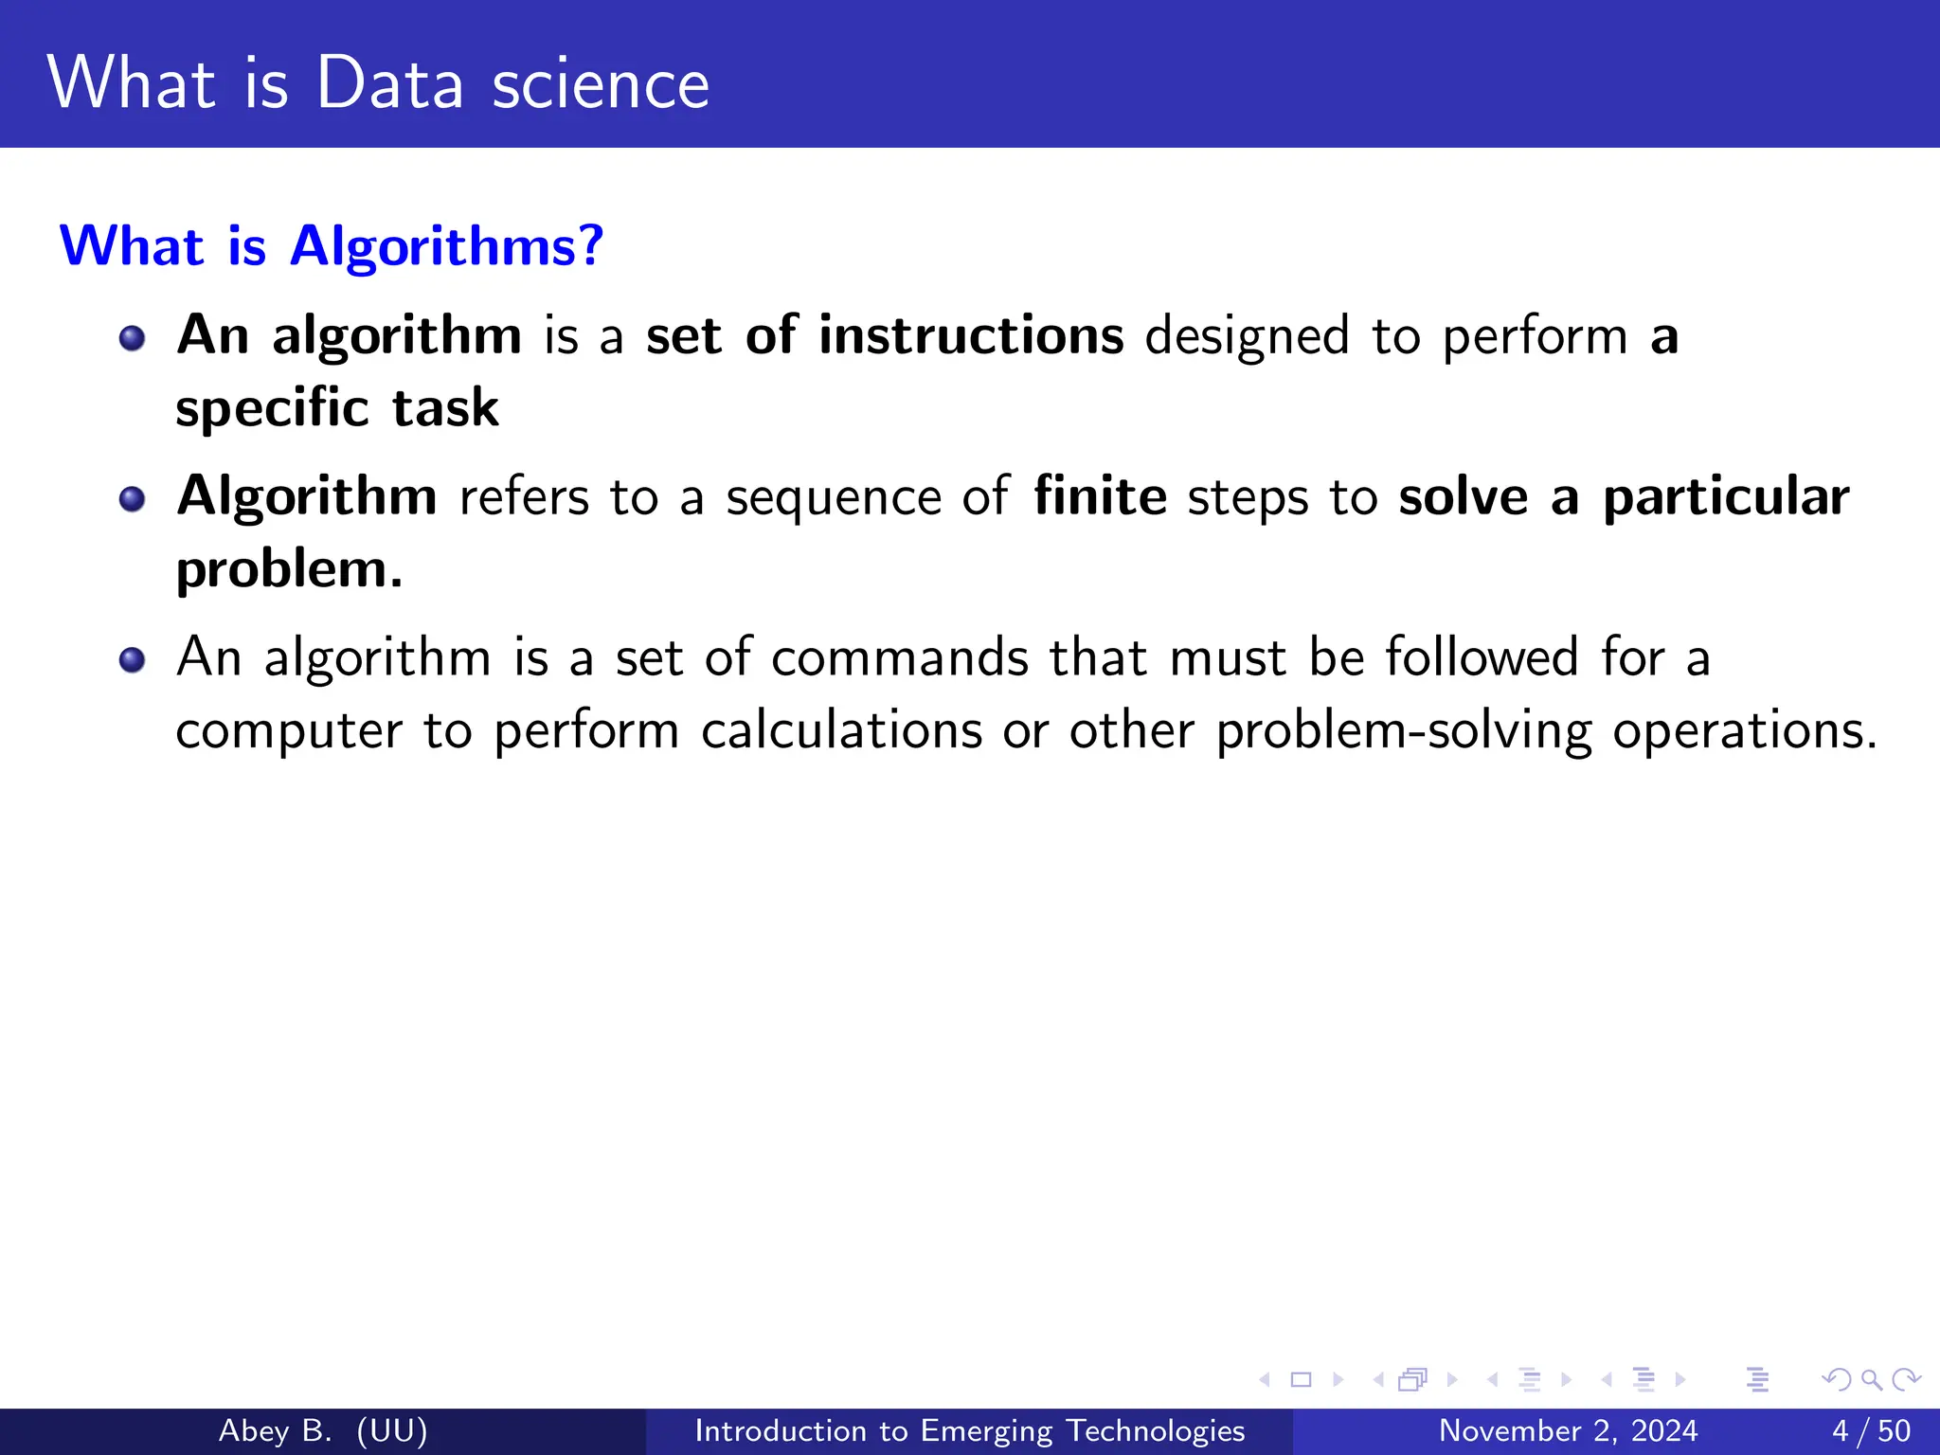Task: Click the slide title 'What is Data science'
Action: click(378, 83)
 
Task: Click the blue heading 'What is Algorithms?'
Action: click(332, 246)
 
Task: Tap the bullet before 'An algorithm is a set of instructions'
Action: click(133, 338)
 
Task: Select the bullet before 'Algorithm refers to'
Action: click(133, 499)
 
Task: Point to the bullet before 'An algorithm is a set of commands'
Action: click(133, 659)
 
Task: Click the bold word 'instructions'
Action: click(971, 335)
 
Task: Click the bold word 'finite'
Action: click(1100, 496)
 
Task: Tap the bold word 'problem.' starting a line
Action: click(290, 569)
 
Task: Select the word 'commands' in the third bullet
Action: click(899, 657)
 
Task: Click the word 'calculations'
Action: click(841, 730)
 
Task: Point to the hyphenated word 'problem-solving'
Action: click(1403, 732)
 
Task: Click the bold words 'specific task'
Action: click(337, 408)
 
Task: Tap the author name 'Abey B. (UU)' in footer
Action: click(323, 1430)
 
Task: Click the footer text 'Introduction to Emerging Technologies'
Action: click(969, 1430)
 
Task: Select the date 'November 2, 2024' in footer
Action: click(1568, 1430)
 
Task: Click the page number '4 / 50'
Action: click(1871, 1430)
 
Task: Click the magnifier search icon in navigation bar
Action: click(1871, 1380)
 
